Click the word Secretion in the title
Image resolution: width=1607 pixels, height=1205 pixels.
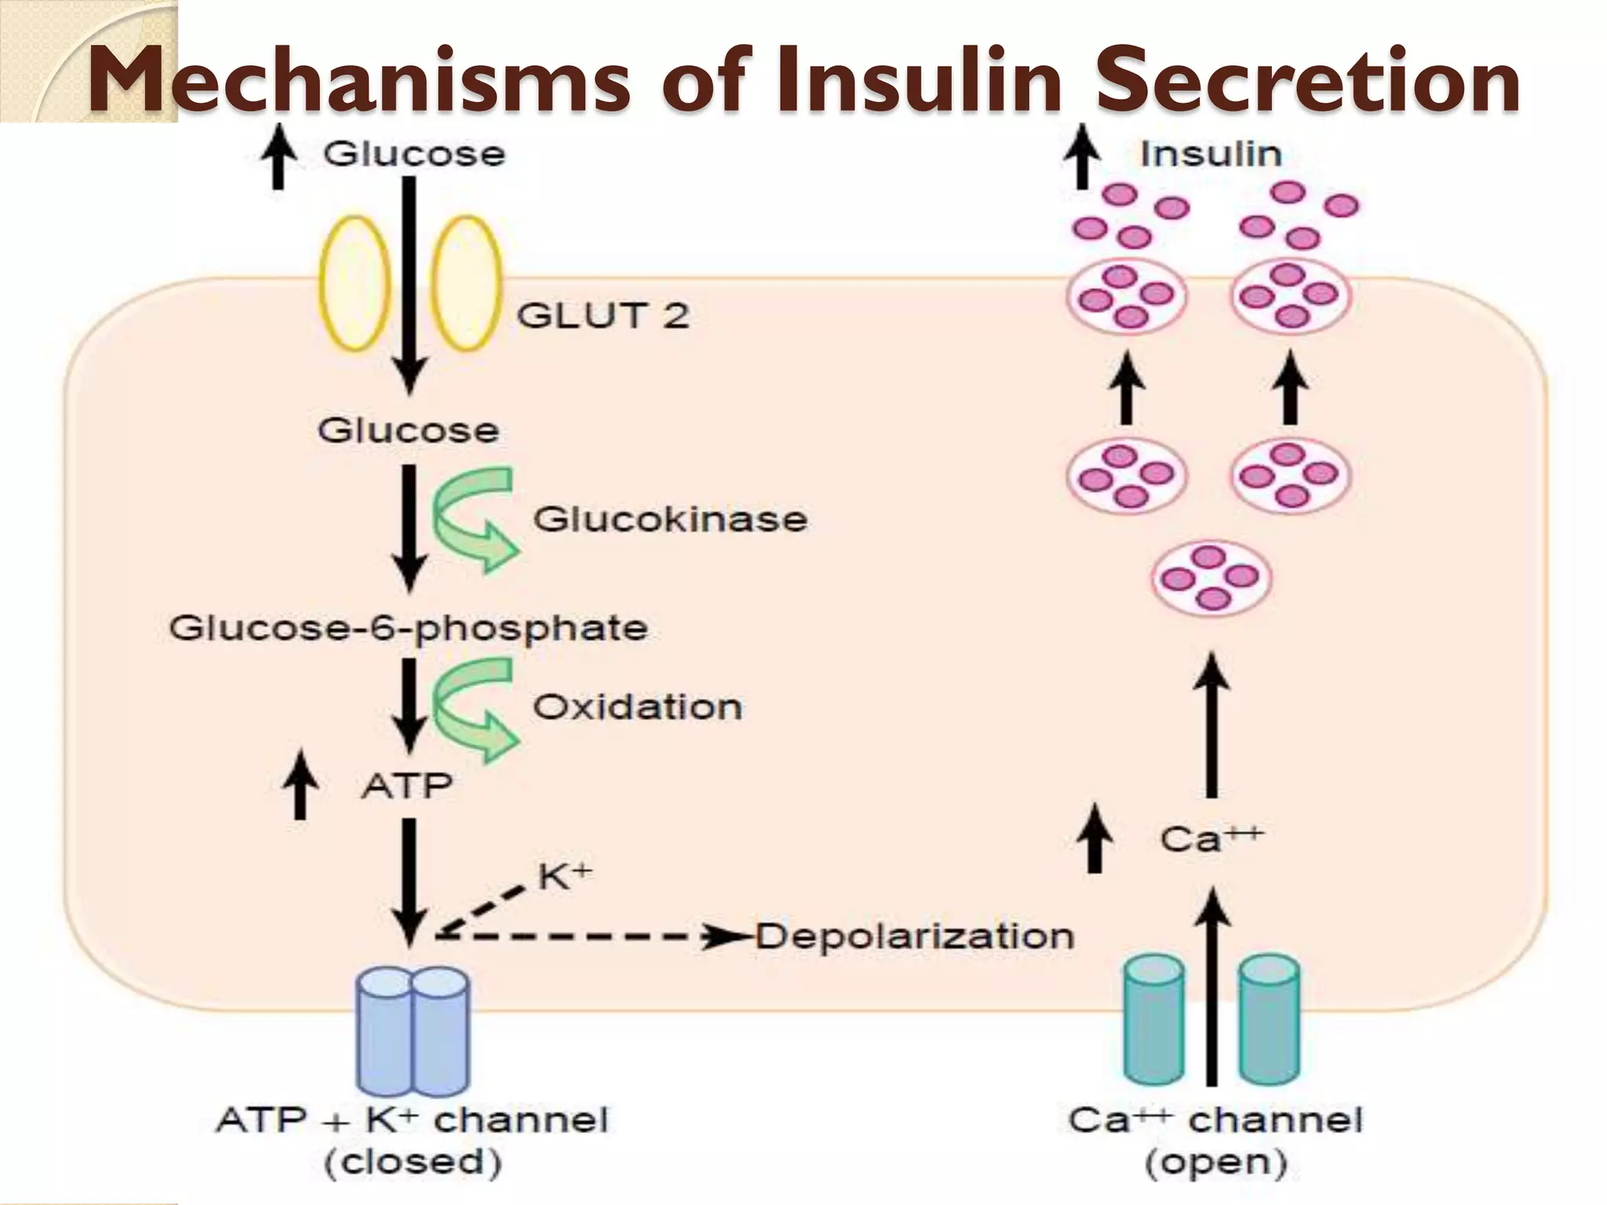pos(1306,81)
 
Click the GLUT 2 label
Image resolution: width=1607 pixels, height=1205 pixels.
pos(603,315)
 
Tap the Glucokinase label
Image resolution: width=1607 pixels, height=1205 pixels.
pos(670,519)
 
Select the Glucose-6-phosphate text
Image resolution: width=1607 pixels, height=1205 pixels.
pos(408,628)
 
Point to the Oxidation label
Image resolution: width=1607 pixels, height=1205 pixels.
pos(637,708)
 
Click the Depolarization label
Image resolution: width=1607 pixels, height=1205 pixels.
pos(914,937)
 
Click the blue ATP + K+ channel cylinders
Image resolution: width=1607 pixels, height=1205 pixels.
pos(414,1030)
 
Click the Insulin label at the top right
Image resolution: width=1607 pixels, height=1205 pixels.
pos(1211,154)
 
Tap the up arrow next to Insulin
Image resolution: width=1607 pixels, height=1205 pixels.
pos(1082,159)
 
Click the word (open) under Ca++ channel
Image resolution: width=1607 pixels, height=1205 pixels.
pos(1215,1163)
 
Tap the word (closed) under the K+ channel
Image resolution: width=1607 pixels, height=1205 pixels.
pos(413,1163)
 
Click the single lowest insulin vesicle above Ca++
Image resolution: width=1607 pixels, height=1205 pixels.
pos(1210,578)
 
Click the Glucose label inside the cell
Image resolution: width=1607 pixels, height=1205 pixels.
pos(408,431)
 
